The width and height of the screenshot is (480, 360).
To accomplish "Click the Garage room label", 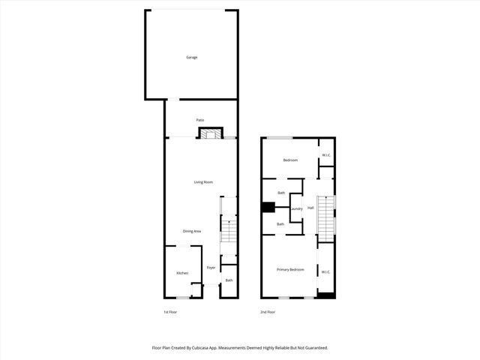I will click(192, 57).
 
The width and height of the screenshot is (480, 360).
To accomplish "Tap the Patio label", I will click(200, 120).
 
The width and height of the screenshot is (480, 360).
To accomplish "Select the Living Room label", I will click(204, 182).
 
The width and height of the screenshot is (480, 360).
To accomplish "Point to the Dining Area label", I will click(192, 231).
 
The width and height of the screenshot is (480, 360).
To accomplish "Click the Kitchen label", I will click(182, 273).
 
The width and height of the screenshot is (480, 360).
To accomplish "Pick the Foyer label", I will click(211, 267).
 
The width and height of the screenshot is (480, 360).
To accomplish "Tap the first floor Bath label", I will click(229, 280).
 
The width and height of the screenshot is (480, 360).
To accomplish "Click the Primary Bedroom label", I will click(290, 269).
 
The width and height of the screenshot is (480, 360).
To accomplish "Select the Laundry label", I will click(296, 208).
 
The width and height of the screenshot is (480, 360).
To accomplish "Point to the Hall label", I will click(310, 208).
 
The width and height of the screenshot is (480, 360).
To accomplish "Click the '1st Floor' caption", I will click(170, 312).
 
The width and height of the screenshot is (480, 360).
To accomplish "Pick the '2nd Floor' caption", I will click(268, 312).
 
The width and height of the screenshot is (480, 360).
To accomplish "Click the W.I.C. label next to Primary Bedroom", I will click(325, 271).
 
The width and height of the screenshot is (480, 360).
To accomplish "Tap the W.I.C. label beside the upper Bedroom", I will click(326, 155).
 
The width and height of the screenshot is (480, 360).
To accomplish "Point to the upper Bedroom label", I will click(290, 160).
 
